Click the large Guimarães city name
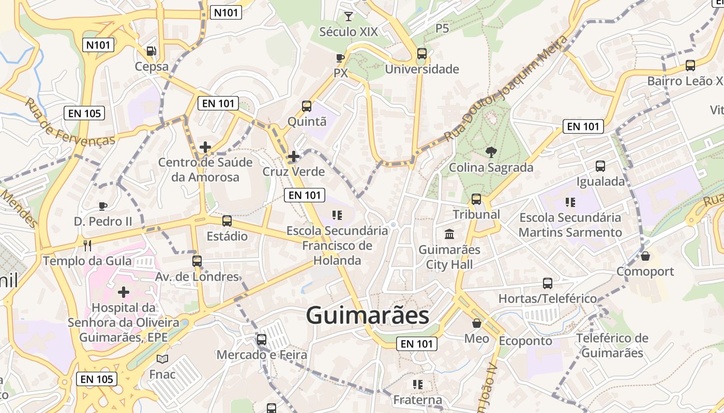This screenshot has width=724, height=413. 367,315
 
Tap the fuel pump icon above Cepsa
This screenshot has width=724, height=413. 151,51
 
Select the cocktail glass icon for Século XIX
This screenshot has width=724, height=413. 349,16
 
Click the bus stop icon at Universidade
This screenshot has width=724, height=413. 422,53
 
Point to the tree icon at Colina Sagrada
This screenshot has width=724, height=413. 491,152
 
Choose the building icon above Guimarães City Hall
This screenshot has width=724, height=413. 449,234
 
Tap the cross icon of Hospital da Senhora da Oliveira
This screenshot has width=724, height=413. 124,292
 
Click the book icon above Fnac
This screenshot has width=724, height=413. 162,359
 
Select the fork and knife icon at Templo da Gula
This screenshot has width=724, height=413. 87,245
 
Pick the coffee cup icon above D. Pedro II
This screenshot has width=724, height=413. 103,206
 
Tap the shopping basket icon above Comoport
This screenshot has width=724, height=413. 645,256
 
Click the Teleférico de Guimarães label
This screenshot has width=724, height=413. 612,346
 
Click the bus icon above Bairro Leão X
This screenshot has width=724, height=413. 690,66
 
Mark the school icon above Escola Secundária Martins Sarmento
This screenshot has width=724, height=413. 570,202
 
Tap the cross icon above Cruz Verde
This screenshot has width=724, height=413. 294,156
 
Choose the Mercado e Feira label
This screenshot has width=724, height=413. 262,355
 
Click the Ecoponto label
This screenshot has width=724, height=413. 525,341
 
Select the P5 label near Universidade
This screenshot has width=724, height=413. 442,28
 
